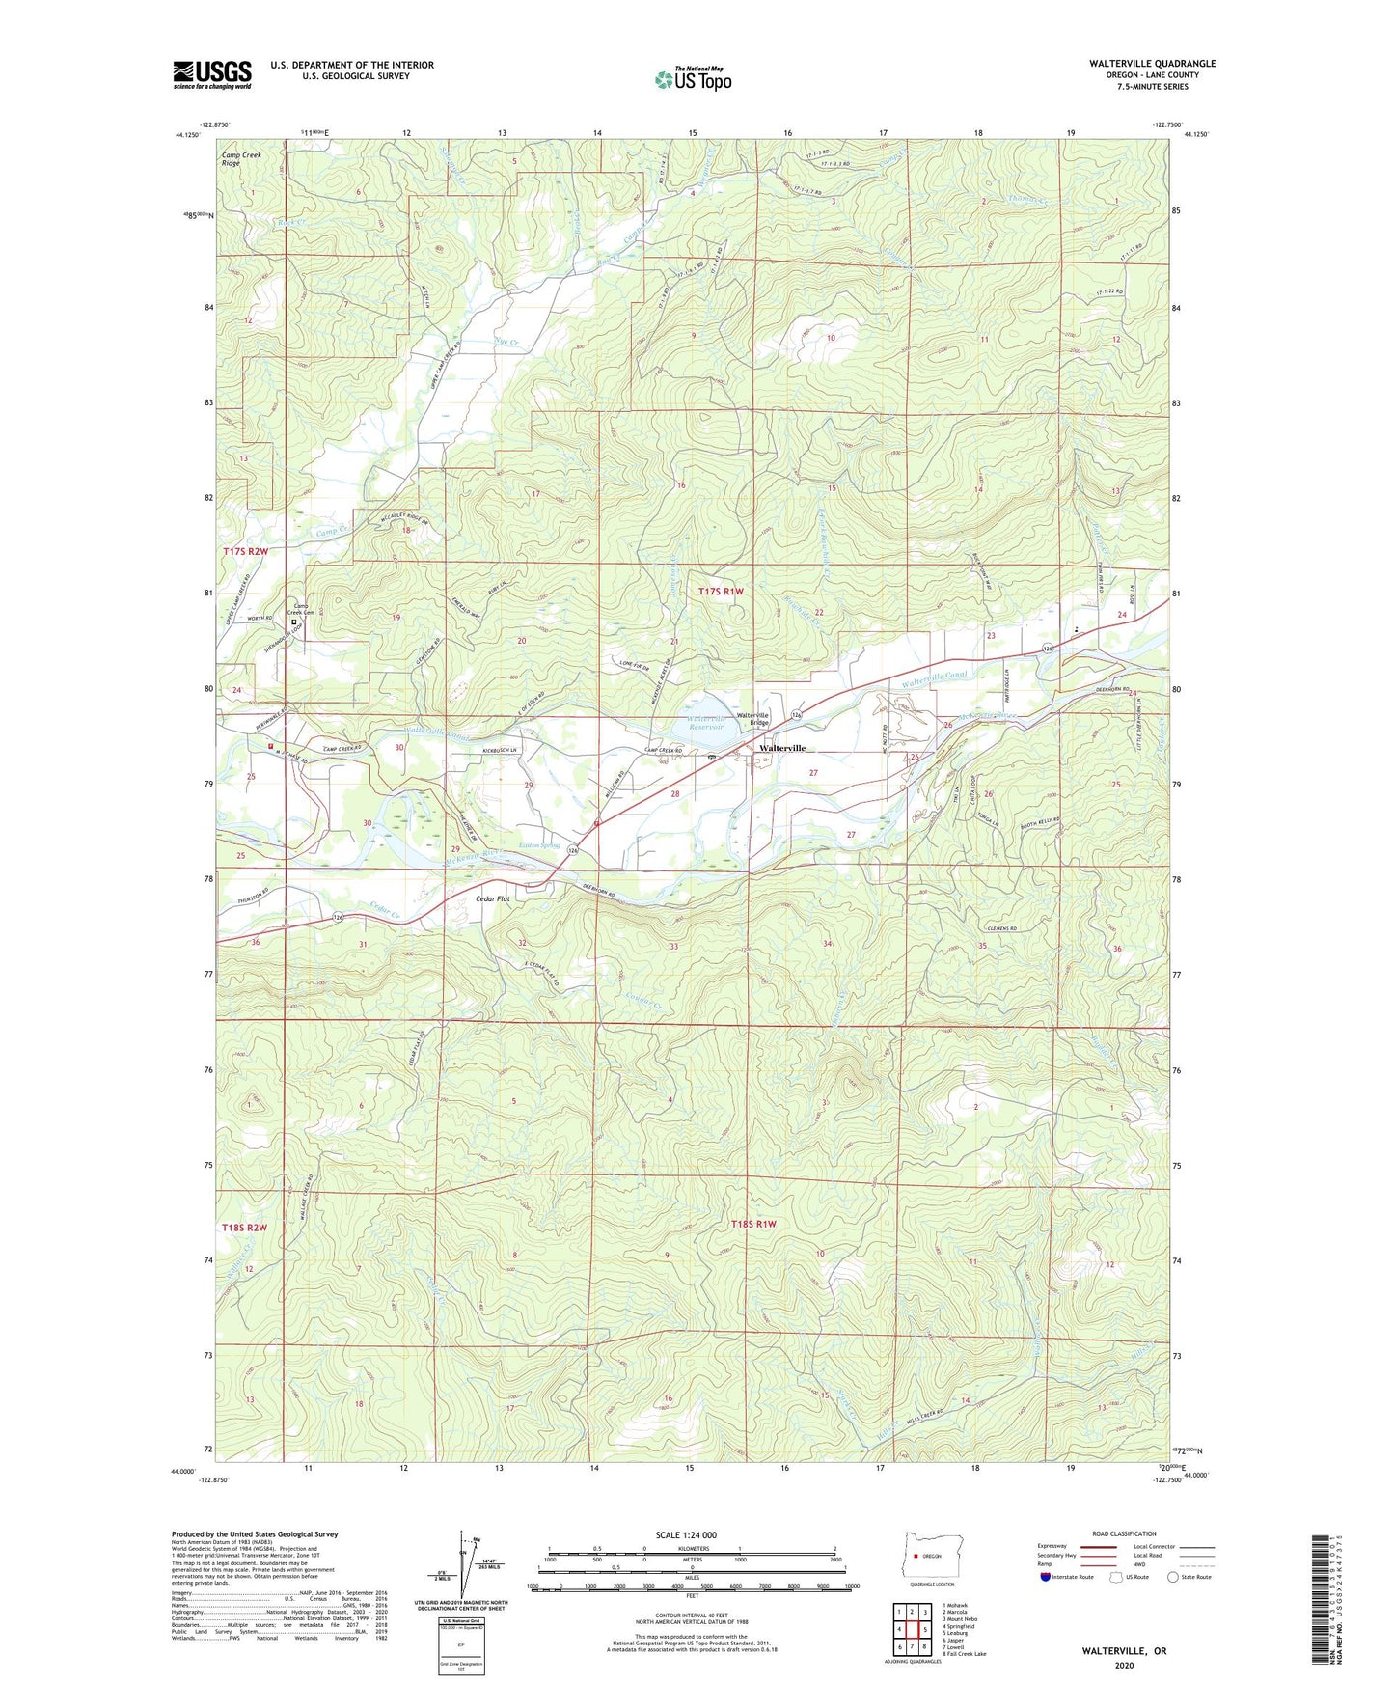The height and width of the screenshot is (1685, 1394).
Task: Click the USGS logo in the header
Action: click(x=211, y=74)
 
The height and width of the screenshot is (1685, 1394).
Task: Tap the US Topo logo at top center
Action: click(x=693, y=79)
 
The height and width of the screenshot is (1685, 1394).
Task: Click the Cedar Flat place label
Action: click(x=493, y=898)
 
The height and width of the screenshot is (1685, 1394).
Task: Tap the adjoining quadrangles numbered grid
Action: click(x=912, y=1629)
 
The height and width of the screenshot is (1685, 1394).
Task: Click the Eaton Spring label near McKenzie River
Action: click(x=539, y=845)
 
